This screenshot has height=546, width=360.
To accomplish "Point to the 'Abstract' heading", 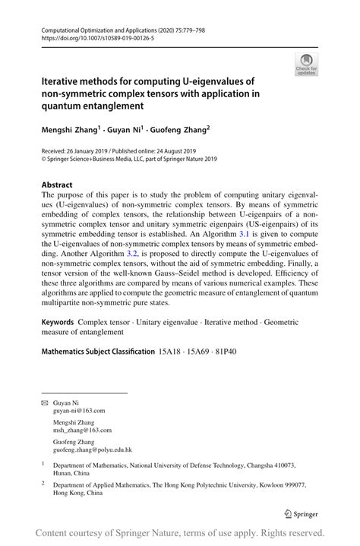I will point(57,185).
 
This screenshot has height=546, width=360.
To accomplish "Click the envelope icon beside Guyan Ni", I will point(45,402).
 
